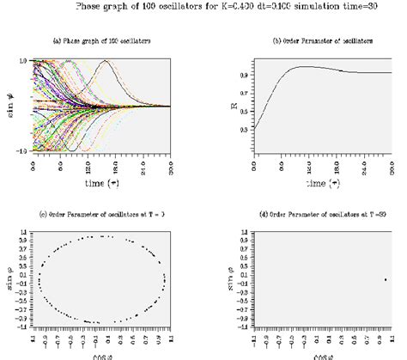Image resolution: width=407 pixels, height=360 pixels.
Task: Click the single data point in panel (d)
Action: tap(386, 279)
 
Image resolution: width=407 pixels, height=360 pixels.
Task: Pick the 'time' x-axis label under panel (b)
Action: tap(321, 184)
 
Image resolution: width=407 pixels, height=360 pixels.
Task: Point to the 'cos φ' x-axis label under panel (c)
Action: tap(103, 356)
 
